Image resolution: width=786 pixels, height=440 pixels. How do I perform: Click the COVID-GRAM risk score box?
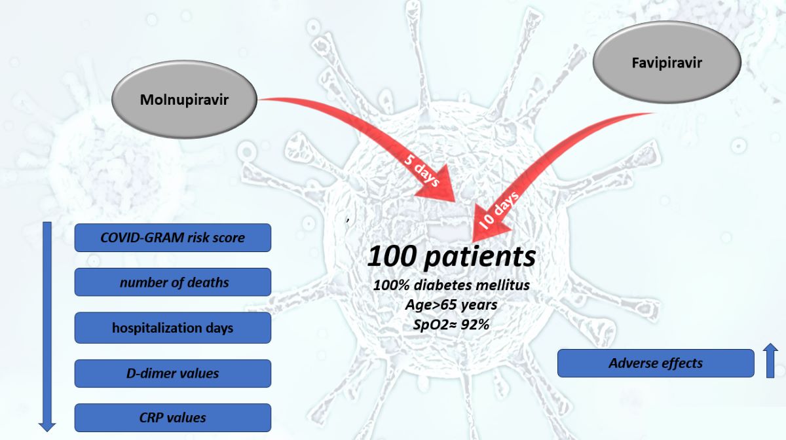[172, 238]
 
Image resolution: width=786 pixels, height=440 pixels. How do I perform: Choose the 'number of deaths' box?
[172, 282]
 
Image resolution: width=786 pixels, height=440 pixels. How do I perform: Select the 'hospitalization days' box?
[172, 327]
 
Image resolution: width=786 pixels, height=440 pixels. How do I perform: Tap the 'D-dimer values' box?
[172, 373]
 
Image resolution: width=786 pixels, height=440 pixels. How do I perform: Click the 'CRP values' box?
[172, 417]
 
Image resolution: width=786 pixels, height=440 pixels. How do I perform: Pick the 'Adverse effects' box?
[656, 363]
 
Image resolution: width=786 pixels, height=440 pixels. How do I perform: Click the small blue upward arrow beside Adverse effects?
[771, 361]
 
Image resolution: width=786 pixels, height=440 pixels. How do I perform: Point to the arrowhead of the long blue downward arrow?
[47, 426]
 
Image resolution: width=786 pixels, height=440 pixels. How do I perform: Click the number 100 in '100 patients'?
[392, 257]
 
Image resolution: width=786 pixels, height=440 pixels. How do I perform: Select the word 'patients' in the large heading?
[479, 258]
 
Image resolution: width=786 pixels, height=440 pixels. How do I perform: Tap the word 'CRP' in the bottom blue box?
[151, 417]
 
